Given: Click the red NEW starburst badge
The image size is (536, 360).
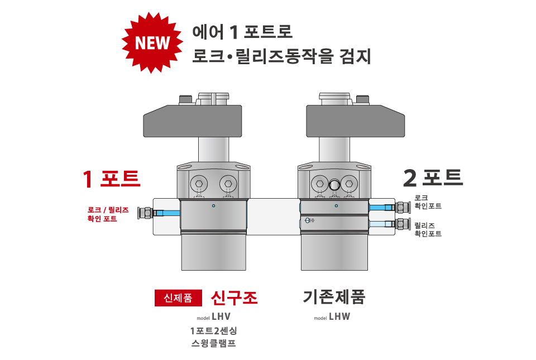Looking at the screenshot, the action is pos(152,42).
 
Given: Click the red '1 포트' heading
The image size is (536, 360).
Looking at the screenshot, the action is pos(112,179).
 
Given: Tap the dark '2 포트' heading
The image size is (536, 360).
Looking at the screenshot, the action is pos(433,178).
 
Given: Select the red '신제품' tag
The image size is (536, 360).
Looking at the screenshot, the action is pos(178,298).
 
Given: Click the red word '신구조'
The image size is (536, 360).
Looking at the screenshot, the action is pos(234,298).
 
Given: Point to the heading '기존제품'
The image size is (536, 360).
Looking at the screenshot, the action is pos(334,297).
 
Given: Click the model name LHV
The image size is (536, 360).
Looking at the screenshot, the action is pos(221,316).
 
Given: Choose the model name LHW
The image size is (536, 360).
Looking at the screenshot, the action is pos(339,316).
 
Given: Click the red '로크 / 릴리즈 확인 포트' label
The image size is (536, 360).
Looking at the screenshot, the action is pos(108,214).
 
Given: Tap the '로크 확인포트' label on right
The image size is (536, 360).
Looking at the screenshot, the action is pos(428,202).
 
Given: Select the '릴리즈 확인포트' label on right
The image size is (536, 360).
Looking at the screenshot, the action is pos(428,229).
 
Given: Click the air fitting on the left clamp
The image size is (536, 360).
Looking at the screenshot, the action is pos(145,213).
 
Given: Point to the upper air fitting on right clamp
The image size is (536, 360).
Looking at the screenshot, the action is pos(403,207).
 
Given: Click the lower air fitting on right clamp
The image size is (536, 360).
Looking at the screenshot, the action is pos(403,224).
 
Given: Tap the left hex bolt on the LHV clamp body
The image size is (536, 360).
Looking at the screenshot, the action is pos(199,184).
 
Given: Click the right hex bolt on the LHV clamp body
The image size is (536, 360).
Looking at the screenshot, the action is pos(228,184).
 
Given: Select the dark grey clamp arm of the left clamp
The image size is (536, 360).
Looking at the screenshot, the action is pos(193,121).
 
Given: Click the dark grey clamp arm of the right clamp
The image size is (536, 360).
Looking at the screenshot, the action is pos(356,121).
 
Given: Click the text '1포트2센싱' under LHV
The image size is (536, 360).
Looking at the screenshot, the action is pos(214,330).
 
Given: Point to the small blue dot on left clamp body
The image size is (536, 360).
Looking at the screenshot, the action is pos(214,205).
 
